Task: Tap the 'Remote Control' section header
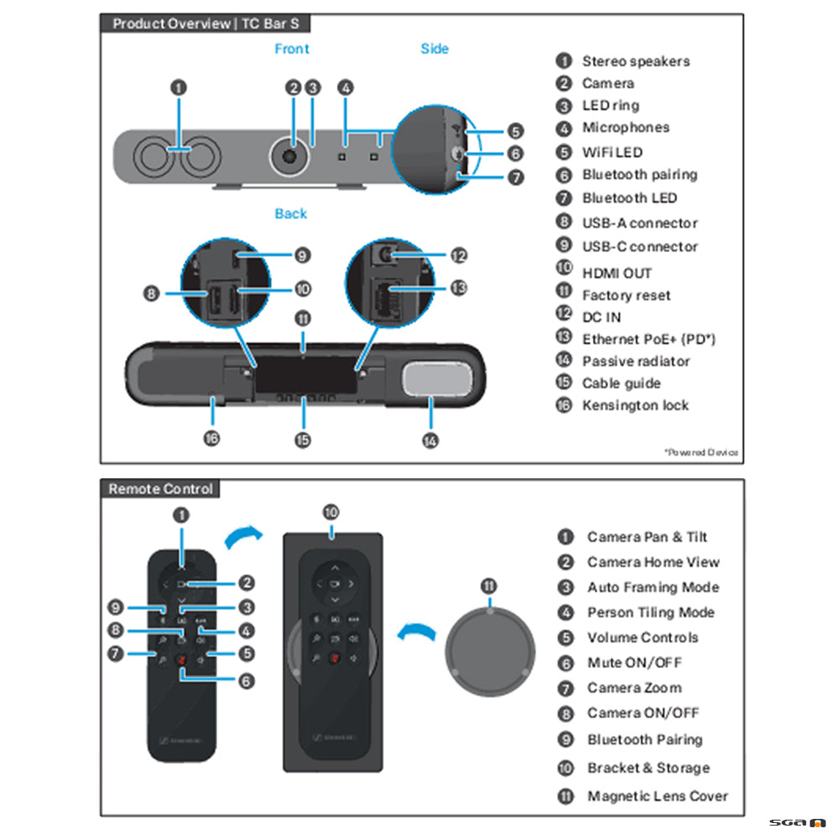coord(160,489)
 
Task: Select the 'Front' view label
coord(292,50)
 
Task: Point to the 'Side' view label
coord(435,50)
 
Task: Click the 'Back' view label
coord(290,214)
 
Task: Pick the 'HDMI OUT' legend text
coord(617,273)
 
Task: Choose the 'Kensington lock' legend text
coord(635,405)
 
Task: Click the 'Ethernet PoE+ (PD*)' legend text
coord(649,339)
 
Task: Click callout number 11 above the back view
coord(303,318)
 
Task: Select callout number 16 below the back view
coord(212,439)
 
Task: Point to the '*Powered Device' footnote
coord(701,452)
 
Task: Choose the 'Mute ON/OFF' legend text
coord(634,663)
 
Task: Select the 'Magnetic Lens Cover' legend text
coord(657,796)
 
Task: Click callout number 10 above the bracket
coord(331,511)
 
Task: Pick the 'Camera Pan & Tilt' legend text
coord(647,537)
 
